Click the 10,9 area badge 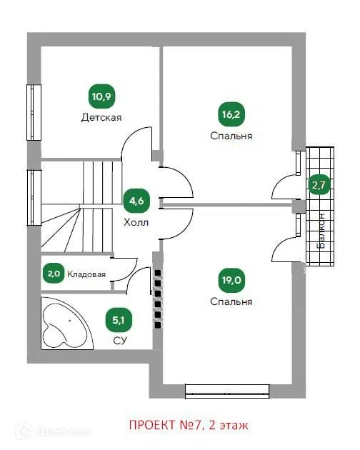point(101,96)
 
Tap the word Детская point(101,117)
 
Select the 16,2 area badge point(231,114)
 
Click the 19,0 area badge point(231,280)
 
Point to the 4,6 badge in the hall point(136,201)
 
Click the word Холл point(136,222)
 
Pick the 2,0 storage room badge point(54,274)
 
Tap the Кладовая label point(86,274)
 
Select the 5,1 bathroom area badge point(119,320)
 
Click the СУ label point(120,341)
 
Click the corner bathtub point(67,324)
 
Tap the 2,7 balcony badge point(319,185)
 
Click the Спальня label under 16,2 point(231,136)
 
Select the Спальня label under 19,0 point(231,301)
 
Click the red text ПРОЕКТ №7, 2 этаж point(189,425)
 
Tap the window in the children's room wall point(34,112)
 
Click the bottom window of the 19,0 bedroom point(227,391)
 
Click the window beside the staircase point(34,197)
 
